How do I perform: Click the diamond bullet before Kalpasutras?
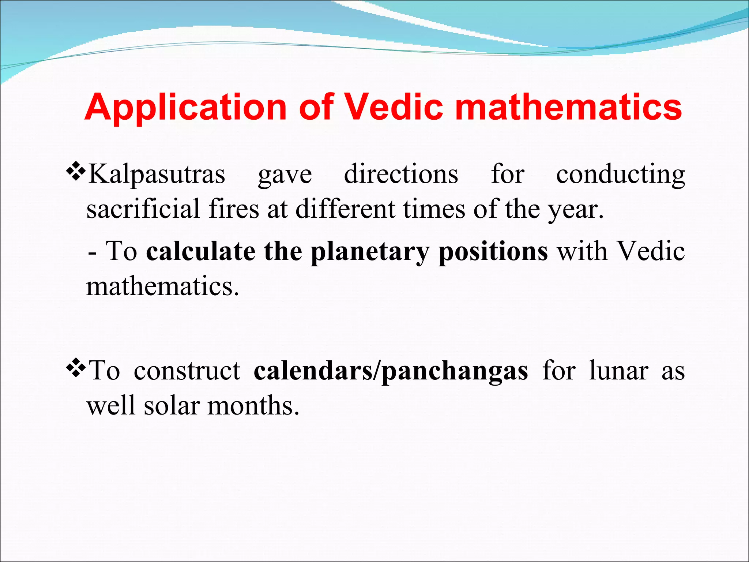pos(76,171)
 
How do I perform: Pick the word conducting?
pos(620,174)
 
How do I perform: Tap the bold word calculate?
pos(200,252)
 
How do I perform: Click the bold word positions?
pos(493,252)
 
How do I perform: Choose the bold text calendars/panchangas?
pos(391,371)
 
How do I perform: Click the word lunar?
pos(618,371)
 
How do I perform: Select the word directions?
pos(401,174)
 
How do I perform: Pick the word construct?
pos(187,371)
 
